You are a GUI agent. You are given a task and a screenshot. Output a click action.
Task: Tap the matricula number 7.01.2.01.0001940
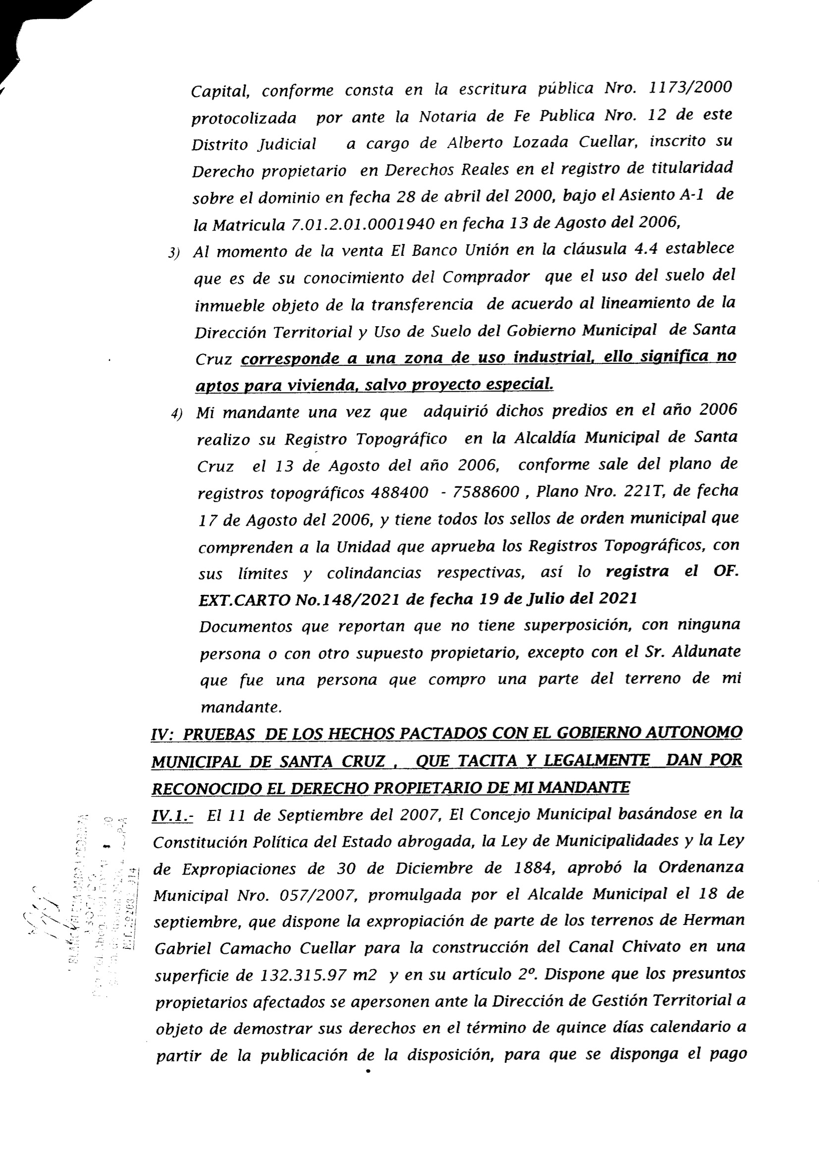[363, 224]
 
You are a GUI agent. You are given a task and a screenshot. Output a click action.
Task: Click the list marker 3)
[174, 253]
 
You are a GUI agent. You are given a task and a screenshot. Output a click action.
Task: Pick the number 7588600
[487, 492]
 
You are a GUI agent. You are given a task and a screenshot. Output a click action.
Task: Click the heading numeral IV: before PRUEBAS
[163, 734]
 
